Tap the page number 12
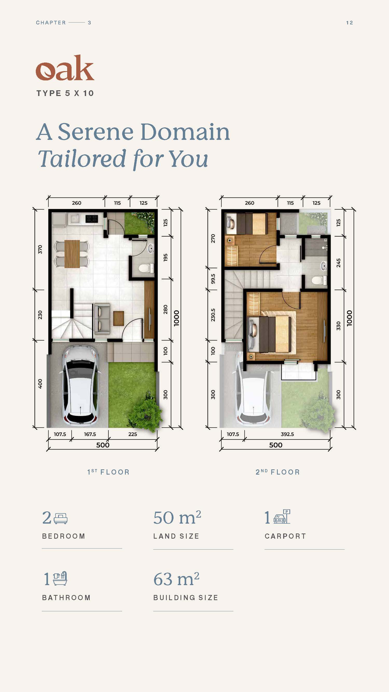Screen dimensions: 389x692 [349, 23]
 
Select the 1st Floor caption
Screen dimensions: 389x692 [108, 472]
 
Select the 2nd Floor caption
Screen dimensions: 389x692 [277, 472]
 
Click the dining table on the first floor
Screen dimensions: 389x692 [72, 254]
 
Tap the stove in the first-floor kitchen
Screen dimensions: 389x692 [92, 219]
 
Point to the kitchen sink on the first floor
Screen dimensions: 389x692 [74, 219]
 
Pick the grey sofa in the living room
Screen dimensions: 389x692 [102, 318]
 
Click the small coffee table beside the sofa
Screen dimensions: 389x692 [119, 318]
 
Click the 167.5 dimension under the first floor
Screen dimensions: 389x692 [90, 434]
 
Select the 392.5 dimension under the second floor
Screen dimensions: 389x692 [287, 434]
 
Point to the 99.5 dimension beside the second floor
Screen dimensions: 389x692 [213, 279]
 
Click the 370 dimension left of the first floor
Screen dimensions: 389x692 [40, 249]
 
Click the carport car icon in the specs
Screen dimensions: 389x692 [282, 517]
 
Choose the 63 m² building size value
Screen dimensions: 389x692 [176, 579]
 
